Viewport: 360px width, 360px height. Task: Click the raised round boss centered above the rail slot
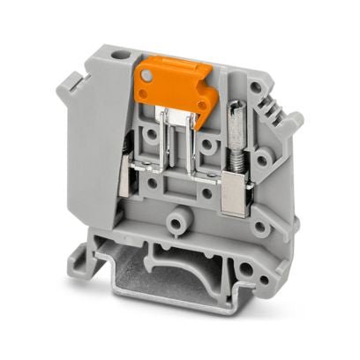point(182,216)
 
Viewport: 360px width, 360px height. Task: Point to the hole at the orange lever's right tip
point(205,103)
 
